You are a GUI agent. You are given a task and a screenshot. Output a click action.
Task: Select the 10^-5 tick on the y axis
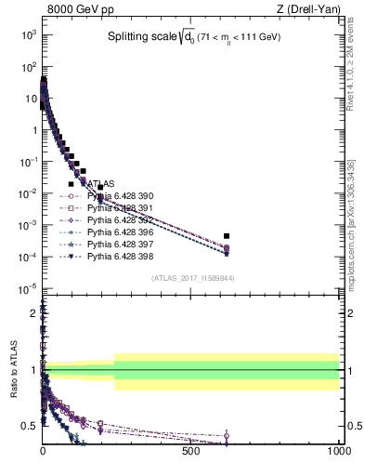tap(28, 287)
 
